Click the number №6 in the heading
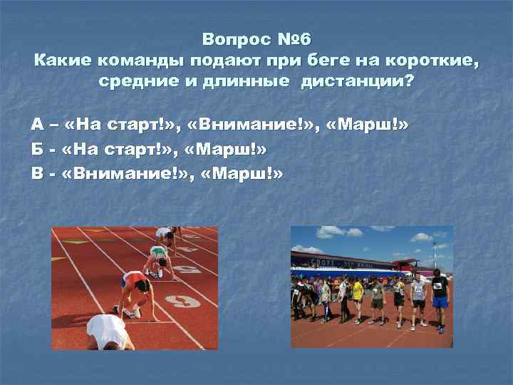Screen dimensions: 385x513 294,38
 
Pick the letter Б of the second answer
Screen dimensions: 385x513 36,148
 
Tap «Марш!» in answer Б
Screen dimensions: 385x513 229,148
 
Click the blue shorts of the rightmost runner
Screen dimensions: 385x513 440,302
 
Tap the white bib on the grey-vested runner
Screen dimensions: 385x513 419,288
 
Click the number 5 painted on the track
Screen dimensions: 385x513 189,269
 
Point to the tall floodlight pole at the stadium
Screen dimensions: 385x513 434,253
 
